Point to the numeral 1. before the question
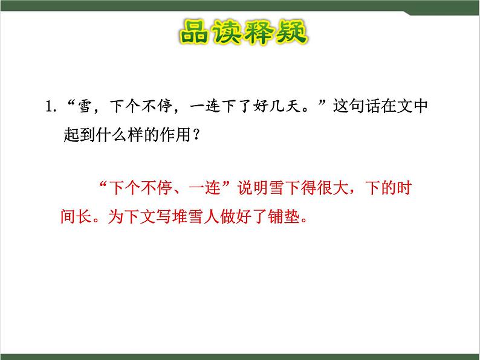50,108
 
